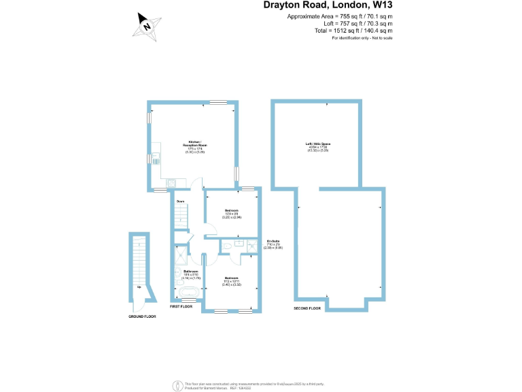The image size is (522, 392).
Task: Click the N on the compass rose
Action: click(x=146, y=27)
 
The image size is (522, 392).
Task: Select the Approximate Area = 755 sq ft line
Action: click(x=340, y=16)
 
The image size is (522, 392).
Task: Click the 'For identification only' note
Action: click(x=362, y=37)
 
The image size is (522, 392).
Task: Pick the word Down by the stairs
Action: click(x=181, y=202)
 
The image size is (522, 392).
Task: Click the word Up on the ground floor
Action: click(x=139, y=287)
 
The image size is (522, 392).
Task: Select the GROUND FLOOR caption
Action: click(x=142, y=316)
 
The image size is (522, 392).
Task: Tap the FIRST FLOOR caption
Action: click(x=181, y=307)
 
